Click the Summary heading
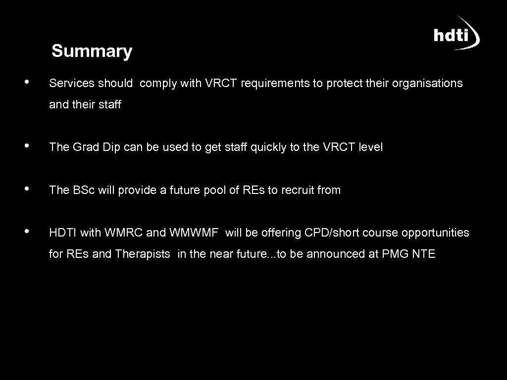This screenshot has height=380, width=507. pyautogui.click(x=92, y=51)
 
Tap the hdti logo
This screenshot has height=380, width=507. pyautogui.click(x=456, y=35)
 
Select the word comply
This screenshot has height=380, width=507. pyautogui.click(x=158, y=84)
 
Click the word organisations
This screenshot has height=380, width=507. pyautogui.click(x=427, y=84)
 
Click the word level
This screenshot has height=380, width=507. pyautogui.click(x=371, y=147)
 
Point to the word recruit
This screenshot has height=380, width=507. pyautogui.click(x=298, y=190)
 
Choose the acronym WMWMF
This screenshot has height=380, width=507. pyautogui.click(x=194, y=233)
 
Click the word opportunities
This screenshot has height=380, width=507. pyautogui.click(x=435, y=233)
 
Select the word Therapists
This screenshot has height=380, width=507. pyautogui.click(x=143, y=254)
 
